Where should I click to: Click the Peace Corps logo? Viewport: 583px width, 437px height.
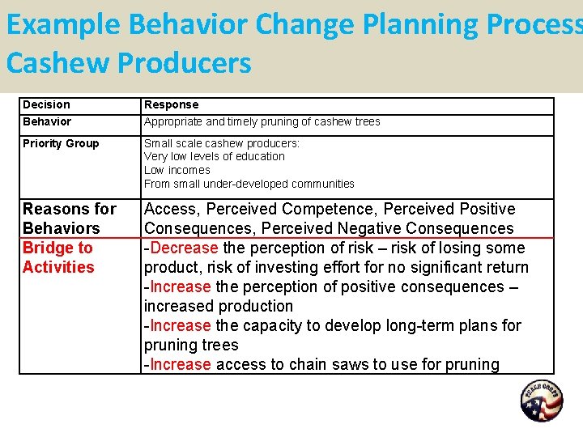[542, 401]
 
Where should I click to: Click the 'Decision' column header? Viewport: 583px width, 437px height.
[46, 105]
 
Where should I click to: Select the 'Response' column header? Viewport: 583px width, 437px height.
[171, 105]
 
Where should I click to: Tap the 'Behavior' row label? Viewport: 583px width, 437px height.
[47, 122]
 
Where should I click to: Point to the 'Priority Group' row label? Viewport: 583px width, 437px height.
[61, 144]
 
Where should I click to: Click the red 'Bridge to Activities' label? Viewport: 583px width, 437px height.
[58, 257]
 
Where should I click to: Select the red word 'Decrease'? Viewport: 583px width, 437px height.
[184, 248]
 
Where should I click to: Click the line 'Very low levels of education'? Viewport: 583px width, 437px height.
[215, 157]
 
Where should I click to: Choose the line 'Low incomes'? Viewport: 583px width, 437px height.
[177, 171]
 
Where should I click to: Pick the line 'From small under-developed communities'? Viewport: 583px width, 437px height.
[249, 184]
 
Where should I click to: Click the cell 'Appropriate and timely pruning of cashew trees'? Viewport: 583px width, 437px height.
[262, 122]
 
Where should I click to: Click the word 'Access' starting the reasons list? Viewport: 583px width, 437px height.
[171, 209]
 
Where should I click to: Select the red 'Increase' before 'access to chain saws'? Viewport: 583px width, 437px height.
[180, 364]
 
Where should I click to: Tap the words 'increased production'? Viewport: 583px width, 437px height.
[219, 306]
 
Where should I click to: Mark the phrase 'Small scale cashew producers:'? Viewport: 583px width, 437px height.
[221, 144]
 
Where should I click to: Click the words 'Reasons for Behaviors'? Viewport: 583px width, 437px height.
[70, 218]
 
